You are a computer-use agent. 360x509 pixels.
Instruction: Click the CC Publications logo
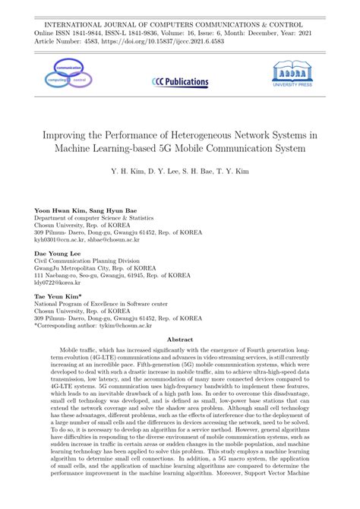point(180,81)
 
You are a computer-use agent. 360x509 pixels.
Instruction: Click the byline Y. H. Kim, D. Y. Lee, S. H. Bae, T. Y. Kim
point(180,170)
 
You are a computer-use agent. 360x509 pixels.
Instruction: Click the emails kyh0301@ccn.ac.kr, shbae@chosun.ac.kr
point(93,239)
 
